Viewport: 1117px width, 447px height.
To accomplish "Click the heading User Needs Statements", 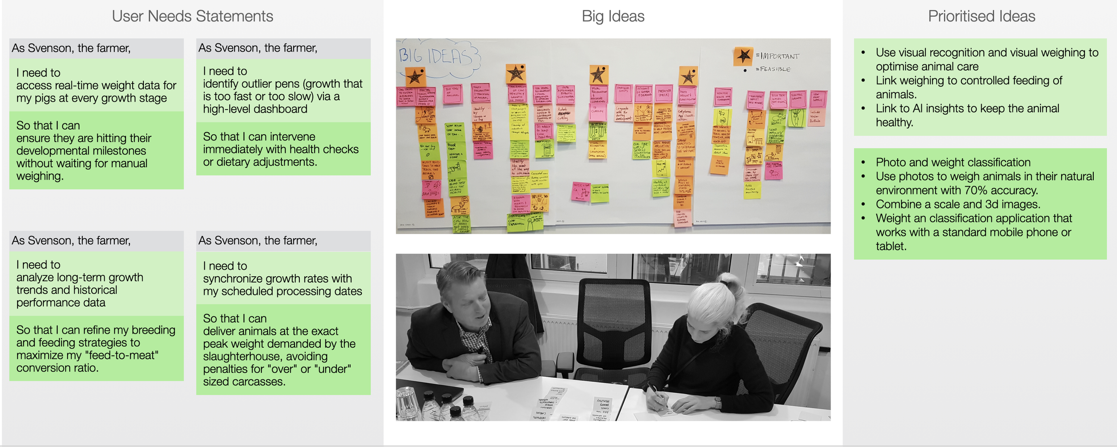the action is [192, 17].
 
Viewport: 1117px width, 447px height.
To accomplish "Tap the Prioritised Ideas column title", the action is [981, 17].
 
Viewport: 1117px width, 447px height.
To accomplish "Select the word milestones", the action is [118, 151].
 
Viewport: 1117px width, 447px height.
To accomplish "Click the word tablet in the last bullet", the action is [890, 246].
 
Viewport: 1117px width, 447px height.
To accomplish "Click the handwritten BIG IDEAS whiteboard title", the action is [436, 57].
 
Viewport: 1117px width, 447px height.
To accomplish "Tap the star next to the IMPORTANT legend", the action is [743, 56].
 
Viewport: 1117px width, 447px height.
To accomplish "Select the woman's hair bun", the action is [728, 282].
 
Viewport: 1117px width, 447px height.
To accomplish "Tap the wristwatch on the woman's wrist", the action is [717, 403].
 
